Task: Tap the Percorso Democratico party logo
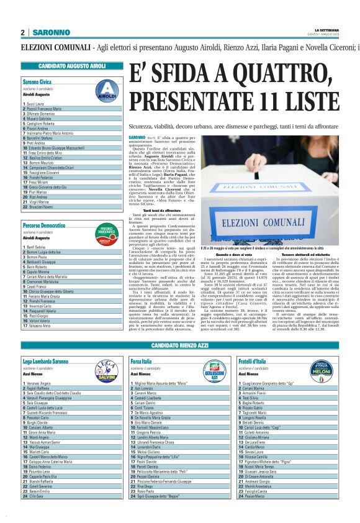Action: click(107, 233)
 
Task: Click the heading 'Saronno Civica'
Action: click(37, 81)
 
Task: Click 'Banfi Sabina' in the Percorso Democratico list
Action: click(37, 247)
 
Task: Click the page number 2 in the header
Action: click(22, 32)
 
